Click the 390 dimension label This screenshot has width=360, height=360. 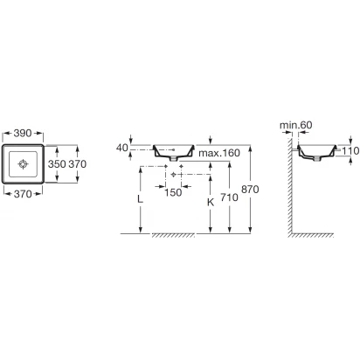(x=23, y=133)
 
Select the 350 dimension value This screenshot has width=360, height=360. (x=57, y=164)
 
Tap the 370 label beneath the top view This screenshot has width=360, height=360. (x=23, y=194)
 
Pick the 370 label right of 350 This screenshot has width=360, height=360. (x=78, y=164)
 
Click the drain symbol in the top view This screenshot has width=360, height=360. (x=23, y=164)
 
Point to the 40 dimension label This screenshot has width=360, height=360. (x=122, y=148)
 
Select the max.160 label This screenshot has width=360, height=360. (x=219, y=153)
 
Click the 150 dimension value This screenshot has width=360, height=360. (x=173, y=192)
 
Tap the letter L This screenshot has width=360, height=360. (x=141, y=199)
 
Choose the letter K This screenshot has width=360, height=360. (x=211, y=202)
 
